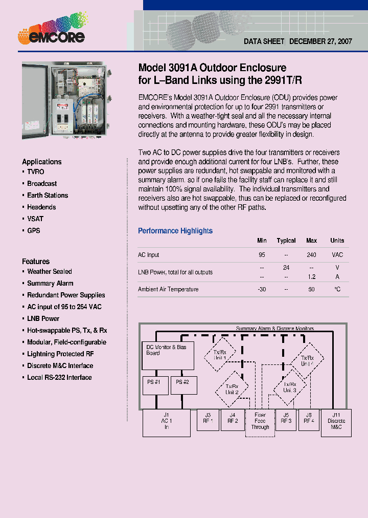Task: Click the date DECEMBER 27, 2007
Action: point(320,41)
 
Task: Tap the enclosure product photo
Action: point(64,100)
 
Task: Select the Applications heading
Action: point(41,162)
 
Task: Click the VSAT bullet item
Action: point(35,219)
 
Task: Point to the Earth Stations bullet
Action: point(47,196)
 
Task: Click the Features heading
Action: point(36,261)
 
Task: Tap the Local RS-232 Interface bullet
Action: point(59,378)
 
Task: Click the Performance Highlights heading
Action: point(175,231)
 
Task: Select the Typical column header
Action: point(286,241)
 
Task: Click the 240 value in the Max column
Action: point(311,255)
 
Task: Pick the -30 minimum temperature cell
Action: point(262,290)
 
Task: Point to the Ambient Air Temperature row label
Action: point(168,290)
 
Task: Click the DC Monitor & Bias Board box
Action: point(167,356)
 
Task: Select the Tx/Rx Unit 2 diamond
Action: point(232,389)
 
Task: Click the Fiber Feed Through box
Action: point(260,422)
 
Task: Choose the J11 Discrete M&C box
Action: point(336,422)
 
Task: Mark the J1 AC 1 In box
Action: point(166,422)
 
